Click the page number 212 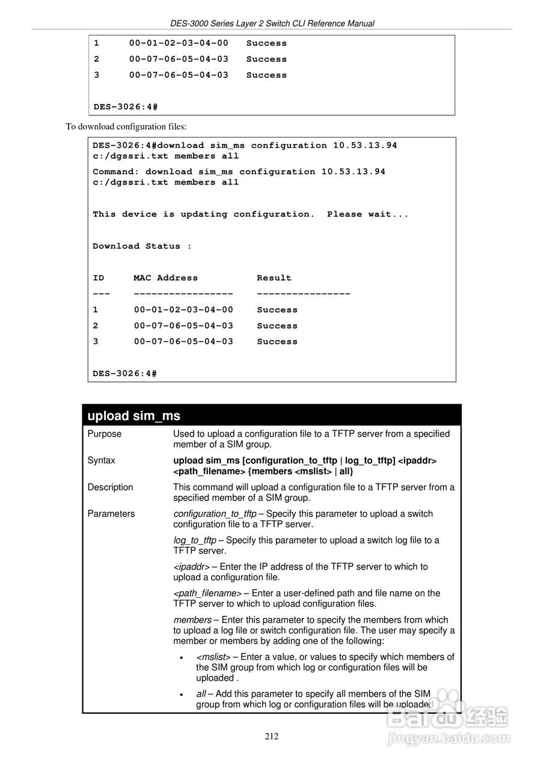click(272, 737)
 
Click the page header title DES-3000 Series click(272, 23)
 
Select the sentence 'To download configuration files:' click(126, 127)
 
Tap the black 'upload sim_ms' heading click(134, 416)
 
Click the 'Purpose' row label click(104, 434)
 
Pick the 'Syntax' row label click(101, 460)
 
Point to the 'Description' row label click(110, 487)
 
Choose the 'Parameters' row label click(111, 514)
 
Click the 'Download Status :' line click(142, 246)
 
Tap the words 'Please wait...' click(367, 214)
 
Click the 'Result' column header click(274, 278)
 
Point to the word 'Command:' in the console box click(115, 172)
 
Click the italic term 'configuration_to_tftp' click(215, 514)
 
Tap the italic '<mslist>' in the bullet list click(213, 657)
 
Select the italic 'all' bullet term click(201, 694)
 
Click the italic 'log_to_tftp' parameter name click(195, 540)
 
